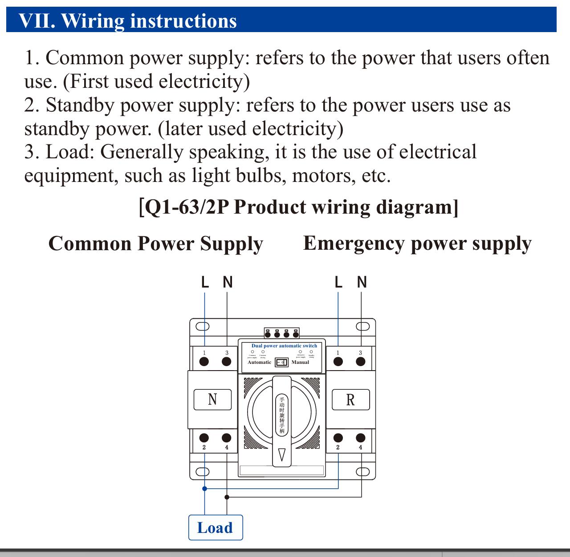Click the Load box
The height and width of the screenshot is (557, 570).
coord(216,528)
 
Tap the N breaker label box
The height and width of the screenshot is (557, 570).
coord(212,399)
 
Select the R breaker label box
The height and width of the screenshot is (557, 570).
coord(350,400)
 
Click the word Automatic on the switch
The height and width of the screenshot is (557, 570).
coord(259,362)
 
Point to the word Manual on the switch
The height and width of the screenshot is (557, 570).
coord(300,362)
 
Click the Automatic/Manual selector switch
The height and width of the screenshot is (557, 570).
coord(281,362)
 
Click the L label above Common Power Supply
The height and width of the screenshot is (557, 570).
coord(205,282)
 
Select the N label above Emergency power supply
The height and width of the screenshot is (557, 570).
coord(362,282)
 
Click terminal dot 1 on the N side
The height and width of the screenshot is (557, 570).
coord(204,361)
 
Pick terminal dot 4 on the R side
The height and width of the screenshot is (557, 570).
coord(361,437)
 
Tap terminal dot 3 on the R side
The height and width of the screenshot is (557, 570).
coord(361,361)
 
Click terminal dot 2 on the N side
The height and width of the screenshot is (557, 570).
coord(204,437)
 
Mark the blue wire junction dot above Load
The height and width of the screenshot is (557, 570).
coord(205,488)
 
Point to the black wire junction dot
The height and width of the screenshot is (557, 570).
coord(227,497)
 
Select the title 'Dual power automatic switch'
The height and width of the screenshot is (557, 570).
coord(284,346)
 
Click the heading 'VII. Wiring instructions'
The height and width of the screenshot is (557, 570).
coord(128,21)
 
